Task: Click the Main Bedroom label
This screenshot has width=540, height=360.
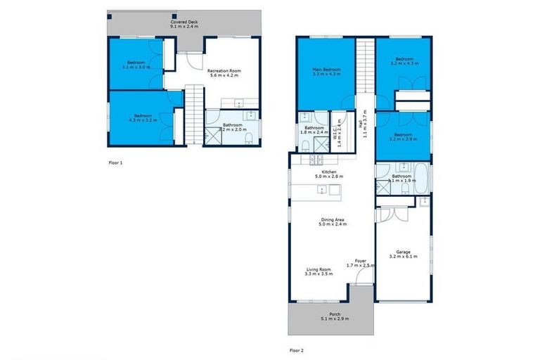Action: click(x=326, y=71)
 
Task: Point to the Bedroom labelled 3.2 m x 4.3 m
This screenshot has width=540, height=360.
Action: click(x=403, y=61)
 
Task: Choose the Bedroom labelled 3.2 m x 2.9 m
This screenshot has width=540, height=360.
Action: click(x=403, y=136)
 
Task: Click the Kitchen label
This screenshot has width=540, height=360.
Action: click(x=330, y=174)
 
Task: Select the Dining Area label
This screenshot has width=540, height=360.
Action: click(x=330, y=221)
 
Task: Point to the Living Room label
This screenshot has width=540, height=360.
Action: click(x=319, y=271)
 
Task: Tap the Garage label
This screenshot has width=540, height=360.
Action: click(x=403, y=254)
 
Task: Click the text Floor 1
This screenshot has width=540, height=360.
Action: click(x=116, y=162)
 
